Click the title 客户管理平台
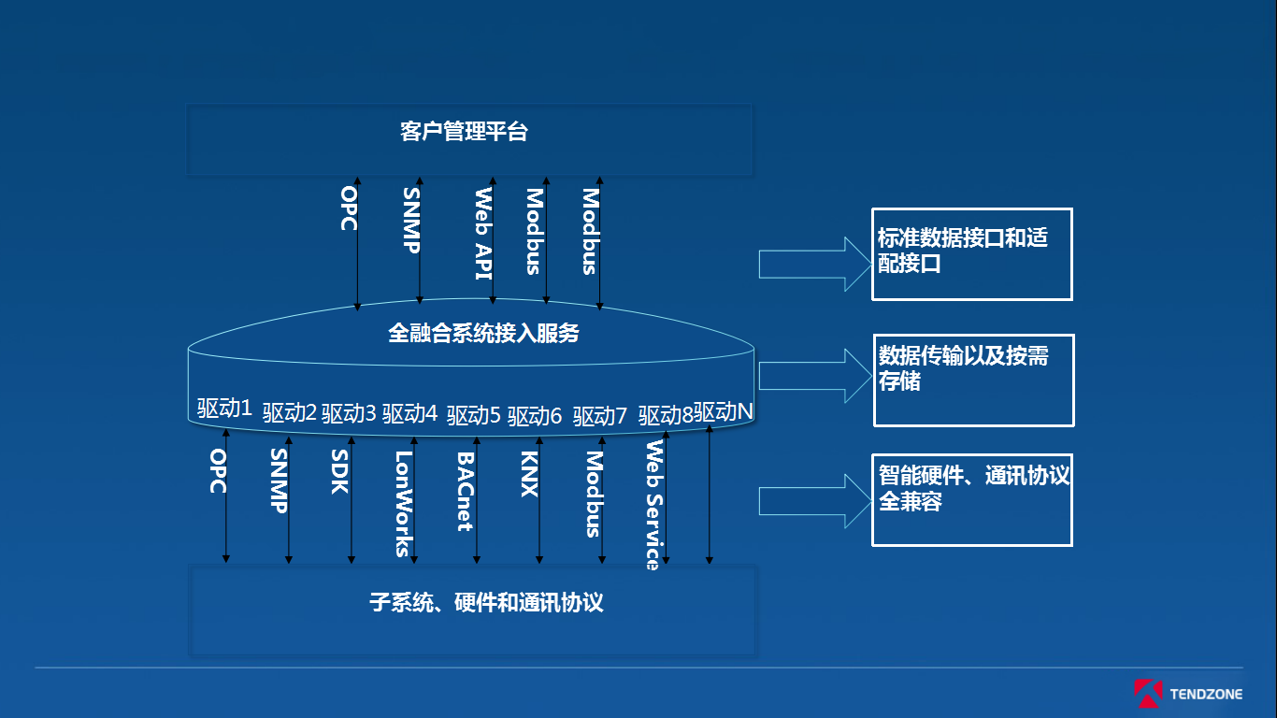pyautogui.click(x=465, y=132)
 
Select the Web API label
pyautogui.click(x=483, y=234)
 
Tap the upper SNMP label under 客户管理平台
pyautogui.click(x=411, y=221)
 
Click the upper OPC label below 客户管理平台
pyautogui.click(x=349, y=208)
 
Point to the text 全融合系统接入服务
pyautogui.click(x=483, y=333)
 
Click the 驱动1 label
pyautogui.click(x=224, y=409)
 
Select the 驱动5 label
pyautogui.click(x=474, y=415)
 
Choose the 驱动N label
pyautogui.click(x=724, y=411)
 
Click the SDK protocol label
pyautogui.click(x=339, y=472)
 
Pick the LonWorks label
pyautogui.click(x=403, y=504)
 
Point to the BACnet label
pyautogui.click(x=465, y=492)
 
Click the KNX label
pyautogui.click(x=529, y=474)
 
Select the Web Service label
pyautogui.click(x=653, y=505)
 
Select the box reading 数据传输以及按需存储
pyautogui.click(x=973, y=380)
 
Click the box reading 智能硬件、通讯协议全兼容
pyautogui.click(x=971, y=500)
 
